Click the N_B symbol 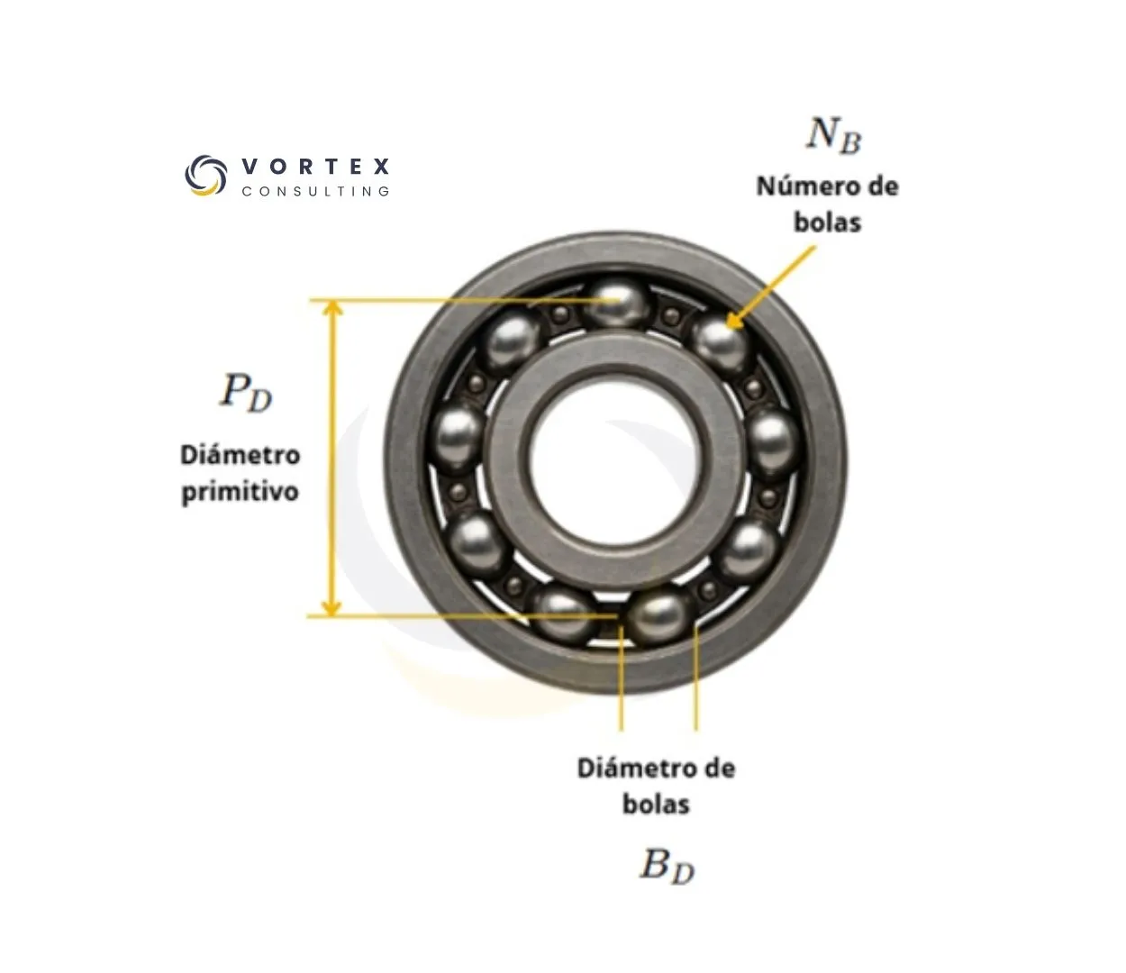[834, 136]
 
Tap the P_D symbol [246, 393]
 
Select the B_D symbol [667, 866]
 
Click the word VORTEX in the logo [316, 166]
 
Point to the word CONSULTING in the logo [316, 191]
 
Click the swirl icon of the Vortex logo [205, 175]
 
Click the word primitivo [241, 492]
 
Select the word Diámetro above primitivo [241, 455]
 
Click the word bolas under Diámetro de [657, 805]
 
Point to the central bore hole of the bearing [614, 458]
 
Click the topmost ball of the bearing [617, 303]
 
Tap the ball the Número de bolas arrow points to [720, 344]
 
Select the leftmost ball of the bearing [459, 440]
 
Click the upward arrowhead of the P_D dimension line [332, 308]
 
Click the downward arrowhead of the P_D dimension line [331, 608]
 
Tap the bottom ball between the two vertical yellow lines [658, 617]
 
